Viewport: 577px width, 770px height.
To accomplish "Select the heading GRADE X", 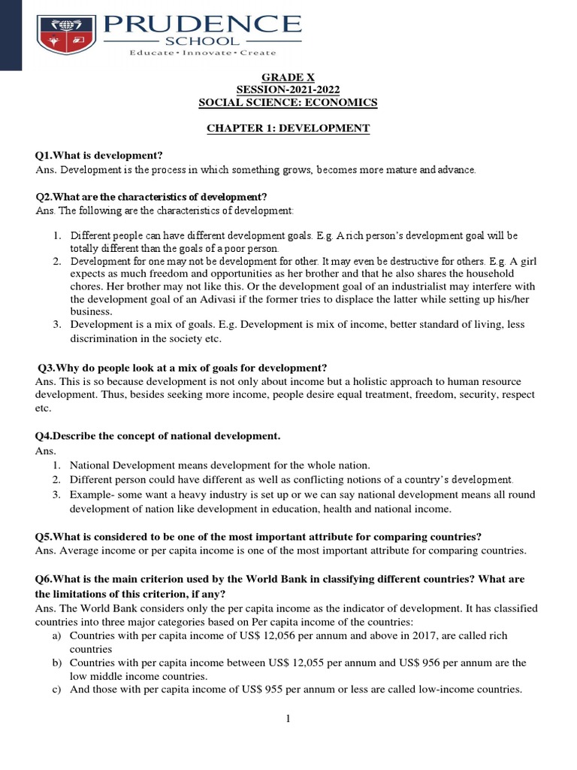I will [288, 77].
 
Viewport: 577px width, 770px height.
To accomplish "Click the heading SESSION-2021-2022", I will [288, 90].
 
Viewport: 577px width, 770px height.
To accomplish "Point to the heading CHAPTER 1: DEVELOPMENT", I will [288, 129].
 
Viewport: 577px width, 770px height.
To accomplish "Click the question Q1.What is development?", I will [99, 156].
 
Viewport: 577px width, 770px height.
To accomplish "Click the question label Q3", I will [47, 368].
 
